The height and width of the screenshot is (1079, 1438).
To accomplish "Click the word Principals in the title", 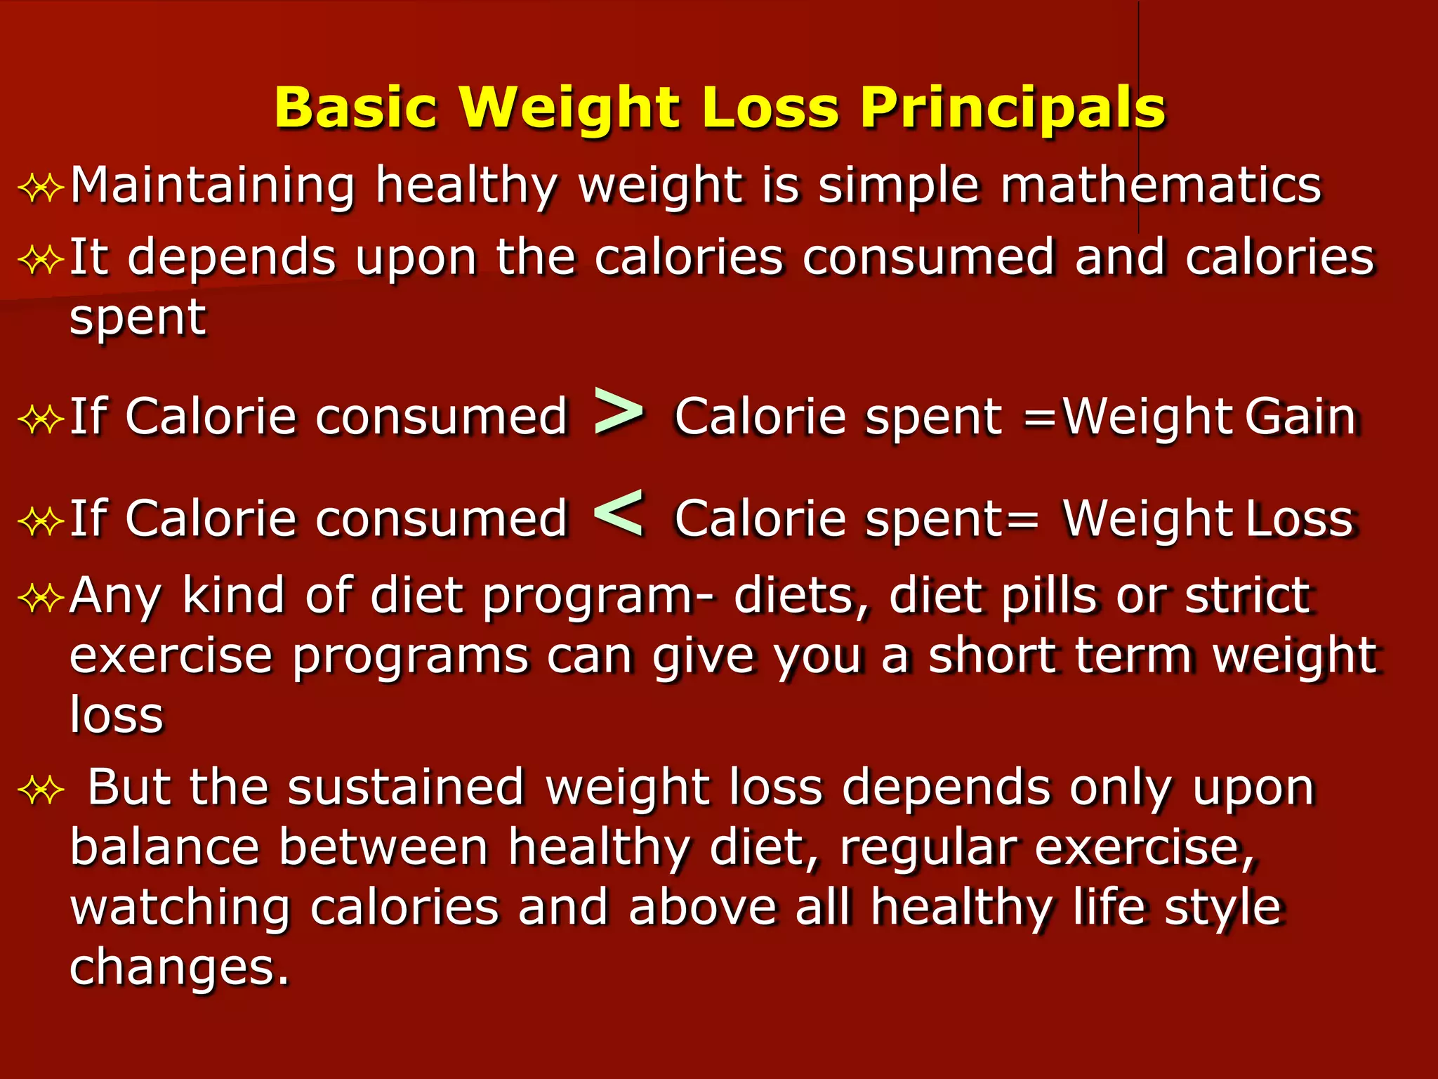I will tap(1012, 107).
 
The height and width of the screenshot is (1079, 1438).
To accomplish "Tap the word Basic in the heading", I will tap(356, 107).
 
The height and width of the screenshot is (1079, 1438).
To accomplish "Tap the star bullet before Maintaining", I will tap(41, 189).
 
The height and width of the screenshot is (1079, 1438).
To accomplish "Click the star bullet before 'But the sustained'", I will tap(41, 791).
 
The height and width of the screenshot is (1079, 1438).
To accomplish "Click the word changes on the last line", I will tap(179, 967).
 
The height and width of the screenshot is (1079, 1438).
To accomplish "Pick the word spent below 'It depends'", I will tap(138, 318).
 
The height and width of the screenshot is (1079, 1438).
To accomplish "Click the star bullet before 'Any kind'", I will tap(41, 599).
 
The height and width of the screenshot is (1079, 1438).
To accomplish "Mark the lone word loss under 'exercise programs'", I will tap(117, 715).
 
